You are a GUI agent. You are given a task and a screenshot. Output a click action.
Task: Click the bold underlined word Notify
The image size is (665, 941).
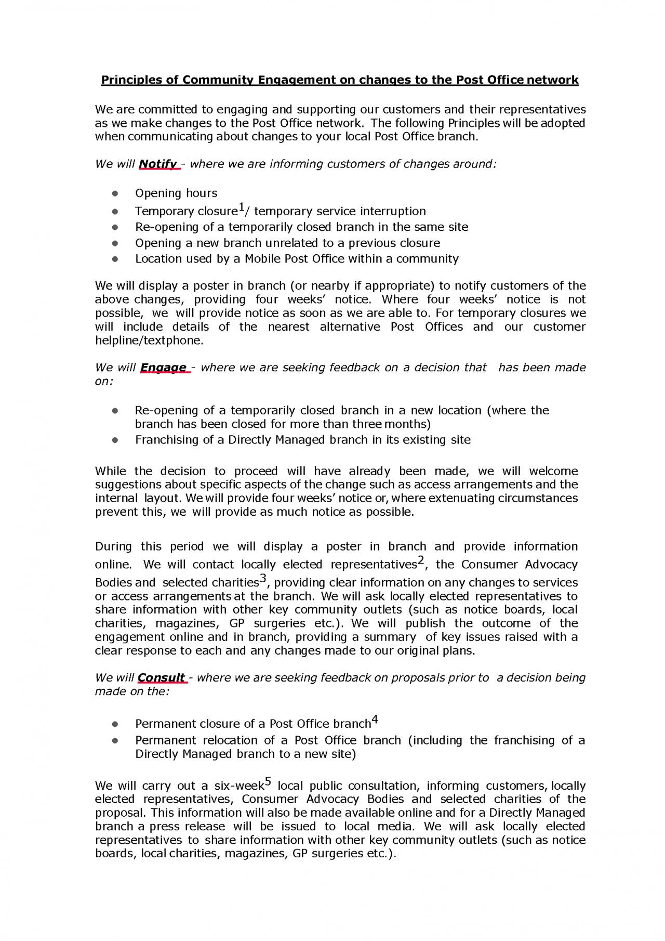[158, 164]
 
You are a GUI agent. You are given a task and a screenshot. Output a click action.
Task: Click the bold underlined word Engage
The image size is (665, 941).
[163, 368]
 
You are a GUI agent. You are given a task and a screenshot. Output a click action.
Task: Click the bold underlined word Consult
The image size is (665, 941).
[161, 678]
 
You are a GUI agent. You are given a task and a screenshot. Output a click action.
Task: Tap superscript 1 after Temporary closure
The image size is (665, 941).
[241, 208]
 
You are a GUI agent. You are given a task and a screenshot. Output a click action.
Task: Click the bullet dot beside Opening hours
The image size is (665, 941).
[115, 194]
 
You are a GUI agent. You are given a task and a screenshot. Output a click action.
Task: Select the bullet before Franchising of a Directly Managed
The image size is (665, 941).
[115, 440]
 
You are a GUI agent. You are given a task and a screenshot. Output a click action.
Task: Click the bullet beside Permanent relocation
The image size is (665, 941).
[115, 741]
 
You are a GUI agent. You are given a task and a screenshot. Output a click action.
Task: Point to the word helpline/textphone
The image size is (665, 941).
[149, 341]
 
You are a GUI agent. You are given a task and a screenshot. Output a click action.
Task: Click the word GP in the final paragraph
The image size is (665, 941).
[300, 854]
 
